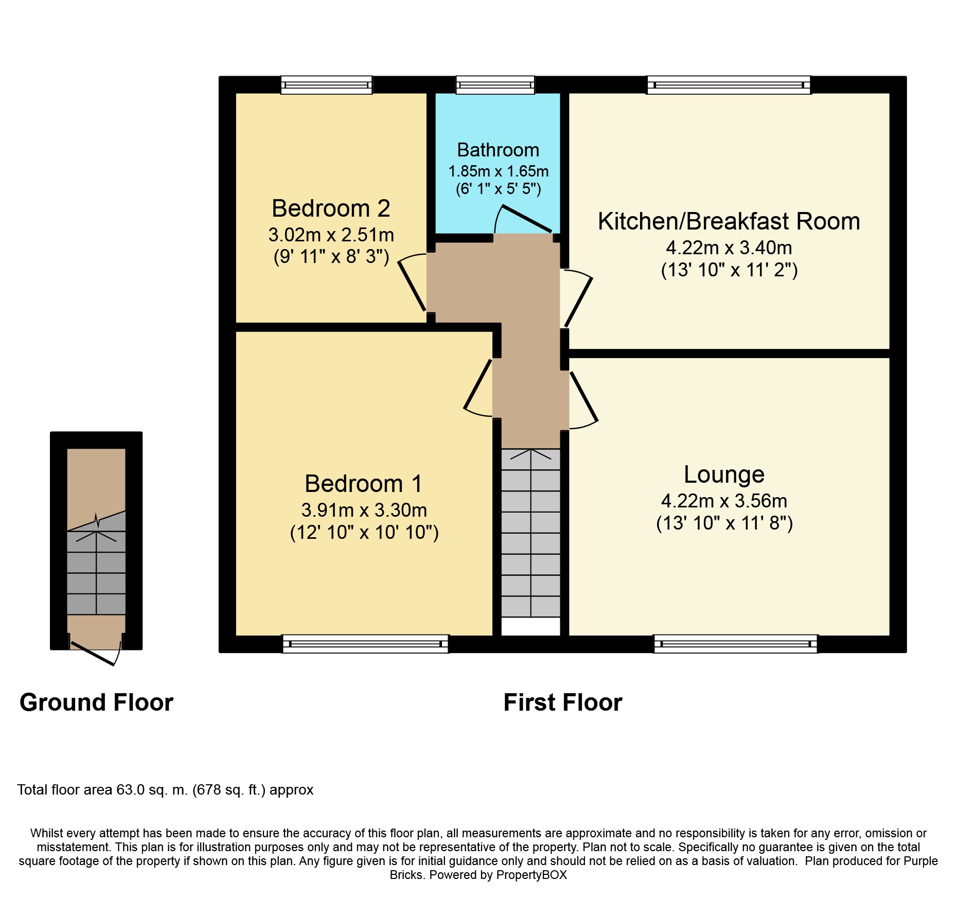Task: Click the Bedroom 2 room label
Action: tap(331, 208)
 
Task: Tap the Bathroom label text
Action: tap(498, 150)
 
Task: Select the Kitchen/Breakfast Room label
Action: tap(729, 221)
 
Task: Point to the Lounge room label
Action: tap(724, 474)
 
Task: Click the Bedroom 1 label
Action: tap(363, 484)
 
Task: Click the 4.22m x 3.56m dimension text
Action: tap(724, 501)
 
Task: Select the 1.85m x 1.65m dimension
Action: tap(498, 171)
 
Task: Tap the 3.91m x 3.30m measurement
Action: tap(364, 510)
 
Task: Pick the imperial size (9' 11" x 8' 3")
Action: tap(331, 256)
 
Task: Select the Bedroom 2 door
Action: tap(412, 283)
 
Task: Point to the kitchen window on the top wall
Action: tap(729, 85)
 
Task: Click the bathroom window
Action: tap(495, 85)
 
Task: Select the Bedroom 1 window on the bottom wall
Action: tap(365, 644)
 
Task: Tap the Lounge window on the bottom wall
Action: tap(735, 644)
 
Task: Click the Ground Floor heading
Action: tap(96, 703)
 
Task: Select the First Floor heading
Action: tap(563, 703)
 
